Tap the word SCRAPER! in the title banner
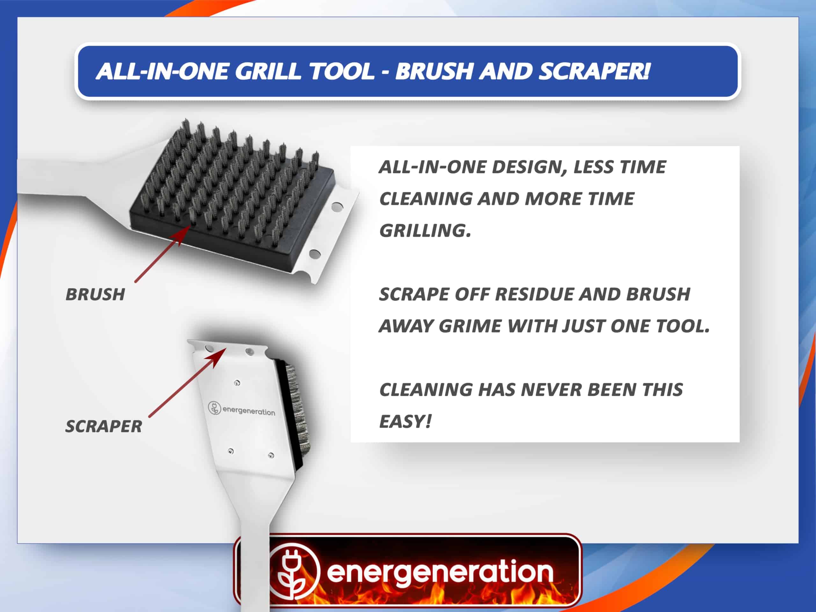594,71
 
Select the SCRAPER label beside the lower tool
104,426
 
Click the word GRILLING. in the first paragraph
425,230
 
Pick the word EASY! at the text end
405,421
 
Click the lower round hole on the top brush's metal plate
315,254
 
